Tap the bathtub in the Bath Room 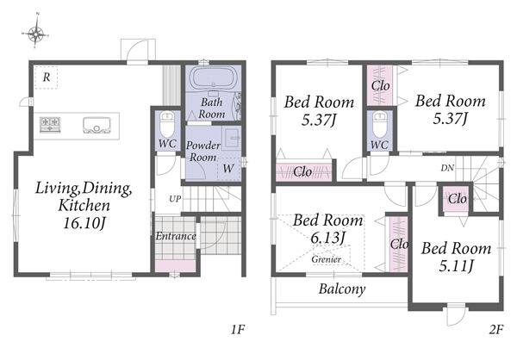(213, 78)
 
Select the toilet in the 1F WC (167, 124)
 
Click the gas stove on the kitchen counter (50, 125)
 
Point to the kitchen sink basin (97, 125)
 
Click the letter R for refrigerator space (47, 78)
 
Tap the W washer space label (227, 169)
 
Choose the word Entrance (176, 236)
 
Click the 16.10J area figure (84, 224)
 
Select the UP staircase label (175, 199)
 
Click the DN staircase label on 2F (447, 168)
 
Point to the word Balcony (342, 289)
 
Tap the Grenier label (326, 259)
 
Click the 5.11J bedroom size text (457, 265)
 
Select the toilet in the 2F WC (379, 125)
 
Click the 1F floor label (238, 329)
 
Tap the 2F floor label (496, 329)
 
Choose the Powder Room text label (203, 152)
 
